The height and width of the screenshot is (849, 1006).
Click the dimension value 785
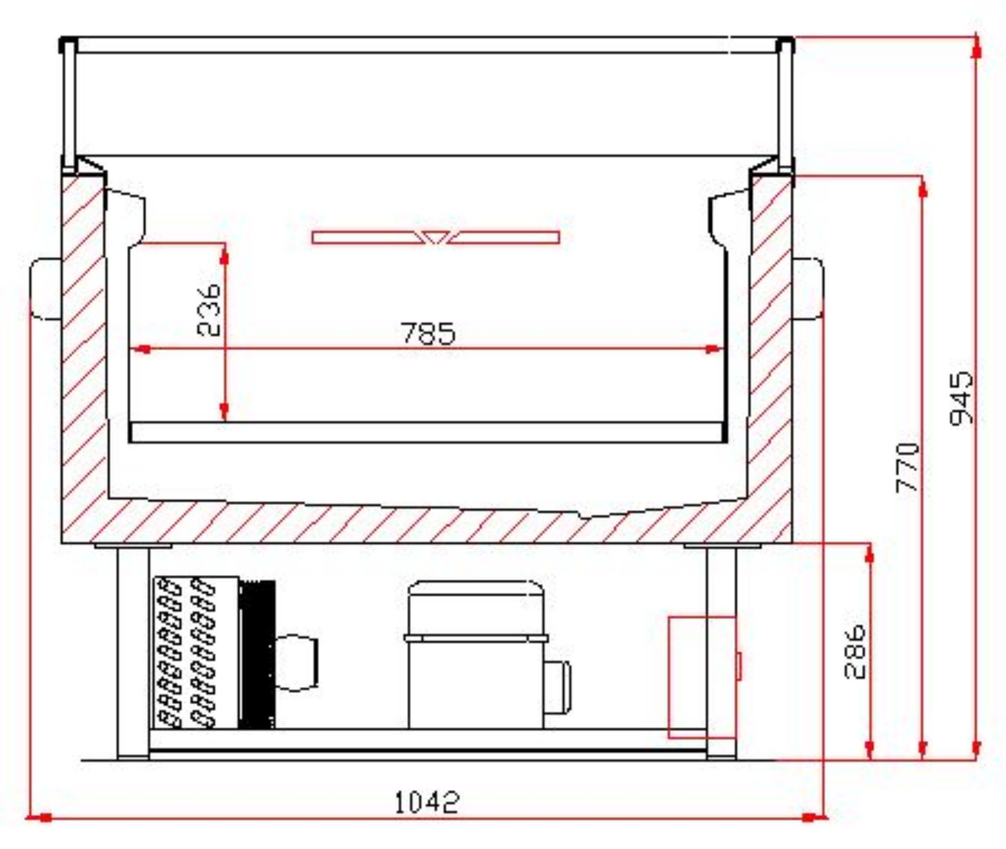coord(428,333)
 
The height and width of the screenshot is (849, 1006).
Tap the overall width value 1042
coord(427,802)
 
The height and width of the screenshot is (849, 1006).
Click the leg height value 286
coord(855,651)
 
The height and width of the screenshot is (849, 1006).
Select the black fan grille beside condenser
coord(257,654)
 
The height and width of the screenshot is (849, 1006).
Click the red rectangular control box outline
coord(702,677)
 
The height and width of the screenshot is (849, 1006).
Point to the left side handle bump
coord(46,289)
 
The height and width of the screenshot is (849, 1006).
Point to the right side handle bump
coord(808,289)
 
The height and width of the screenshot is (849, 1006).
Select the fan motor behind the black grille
coord(297,663)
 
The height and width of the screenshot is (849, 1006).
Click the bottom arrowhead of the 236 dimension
coord(224,412)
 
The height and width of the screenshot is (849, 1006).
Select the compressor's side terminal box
coord(558,687)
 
